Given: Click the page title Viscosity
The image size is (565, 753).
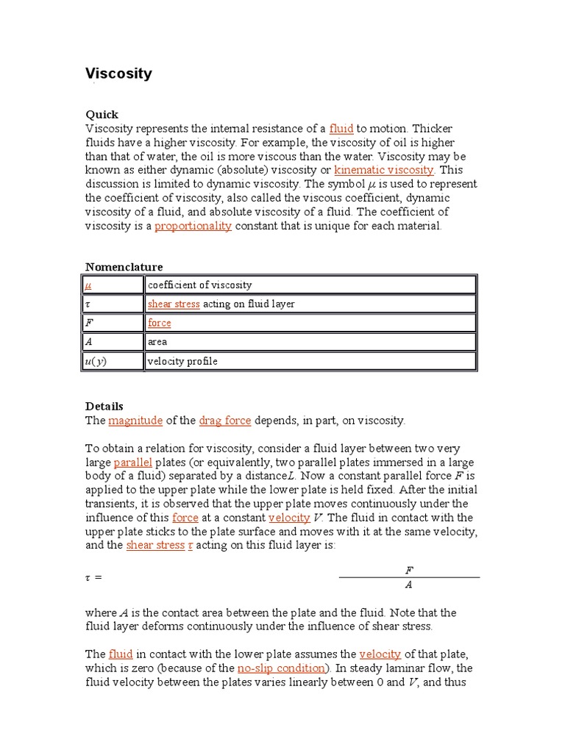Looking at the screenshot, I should [118, 74].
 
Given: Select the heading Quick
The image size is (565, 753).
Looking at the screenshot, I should [102, 115].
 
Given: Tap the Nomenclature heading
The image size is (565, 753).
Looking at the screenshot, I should [124, 267].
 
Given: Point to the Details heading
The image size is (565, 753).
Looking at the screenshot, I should [104, 407].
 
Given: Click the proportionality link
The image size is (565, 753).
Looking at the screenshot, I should [193, 226].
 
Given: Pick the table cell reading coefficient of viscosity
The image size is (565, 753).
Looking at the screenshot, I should [199, 285].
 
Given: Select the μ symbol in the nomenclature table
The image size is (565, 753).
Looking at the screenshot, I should [89, 285].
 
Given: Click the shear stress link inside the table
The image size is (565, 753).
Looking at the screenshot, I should [174, 304].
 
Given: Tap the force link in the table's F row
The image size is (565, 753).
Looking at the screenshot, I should [159, 324].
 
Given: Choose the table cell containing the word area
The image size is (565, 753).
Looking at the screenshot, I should [157, 343].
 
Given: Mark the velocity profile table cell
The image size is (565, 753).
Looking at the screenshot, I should [182, 362].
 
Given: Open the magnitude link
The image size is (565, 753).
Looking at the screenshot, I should [135, 421].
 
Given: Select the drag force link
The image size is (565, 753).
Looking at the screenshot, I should [225, 421].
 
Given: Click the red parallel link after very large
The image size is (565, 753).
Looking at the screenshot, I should [133, 463].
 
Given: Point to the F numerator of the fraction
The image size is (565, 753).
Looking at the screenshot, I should [409, 570].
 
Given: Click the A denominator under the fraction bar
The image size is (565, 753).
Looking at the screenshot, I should [409, 586].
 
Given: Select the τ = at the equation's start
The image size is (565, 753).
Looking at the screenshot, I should [93, 578].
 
